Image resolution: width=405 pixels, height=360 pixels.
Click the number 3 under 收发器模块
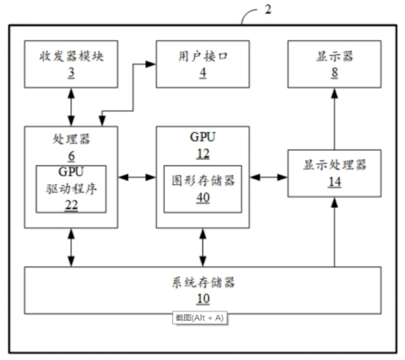pyautogui.click(x=71, y=73)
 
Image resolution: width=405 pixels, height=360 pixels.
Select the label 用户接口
pyautogui.click(x=202, y=56)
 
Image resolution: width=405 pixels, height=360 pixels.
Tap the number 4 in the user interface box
pyautogui.click(x=202, y=73)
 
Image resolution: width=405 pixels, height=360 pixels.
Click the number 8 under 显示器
pyautogui.click(x=335, y=73)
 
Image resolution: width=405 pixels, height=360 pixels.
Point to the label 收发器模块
pyautogui.click(x=71, y=56)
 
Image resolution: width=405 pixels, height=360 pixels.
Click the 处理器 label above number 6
pyautogui.click(x=71, y=139)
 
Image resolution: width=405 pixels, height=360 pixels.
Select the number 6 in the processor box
pyautogui.click(x=71, y=156)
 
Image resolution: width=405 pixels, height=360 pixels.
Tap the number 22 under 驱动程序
pyautogui.click(x=71, y=205)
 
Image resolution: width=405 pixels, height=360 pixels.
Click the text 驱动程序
pyautogui.click(x=71, y=189)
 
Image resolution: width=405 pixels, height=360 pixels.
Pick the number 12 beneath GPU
pyautogui.click(x=203, y=154)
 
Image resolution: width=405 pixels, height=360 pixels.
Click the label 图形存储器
pyautogui.click(x=203, y=181)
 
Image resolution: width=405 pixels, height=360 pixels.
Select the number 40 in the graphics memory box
pyautogui.click(x=203, y=198)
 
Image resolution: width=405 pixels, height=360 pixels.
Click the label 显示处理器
pyautogui.click(x=335, y=165)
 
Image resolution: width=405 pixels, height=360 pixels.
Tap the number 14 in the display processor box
pyautogui.click(x=335, y=182)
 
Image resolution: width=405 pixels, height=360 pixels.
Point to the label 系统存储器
pyautogui.click(x=203, y=282)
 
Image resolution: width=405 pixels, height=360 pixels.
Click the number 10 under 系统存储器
pyautogui.click(x=203, y=299)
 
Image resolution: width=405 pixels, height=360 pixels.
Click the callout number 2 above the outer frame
pyautogui.click(x=268, y=9)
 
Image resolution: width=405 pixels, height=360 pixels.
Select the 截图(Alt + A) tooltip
pyautogui.click(x=200, y=318)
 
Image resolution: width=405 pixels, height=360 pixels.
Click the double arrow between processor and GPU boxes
pyautogui.click(x=137, y=177)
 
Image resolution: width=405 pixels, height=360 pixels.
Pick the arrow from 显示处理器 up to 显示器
pyautogui.click(x=335, y=119)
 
